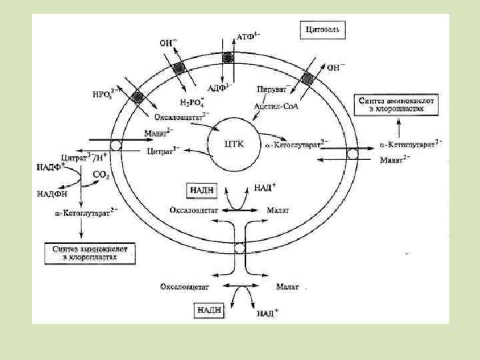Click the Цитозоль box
coord(325,31)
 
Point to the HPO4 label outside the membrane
coord(105,93)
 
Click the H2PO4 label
coord(195,102)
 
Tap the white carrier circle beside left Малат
coord(116,145)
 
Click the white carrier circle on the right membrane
coord(353,154)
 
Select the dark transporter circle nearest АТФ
coord(229,57)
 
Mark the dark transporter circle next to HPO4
coord(138,98)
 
